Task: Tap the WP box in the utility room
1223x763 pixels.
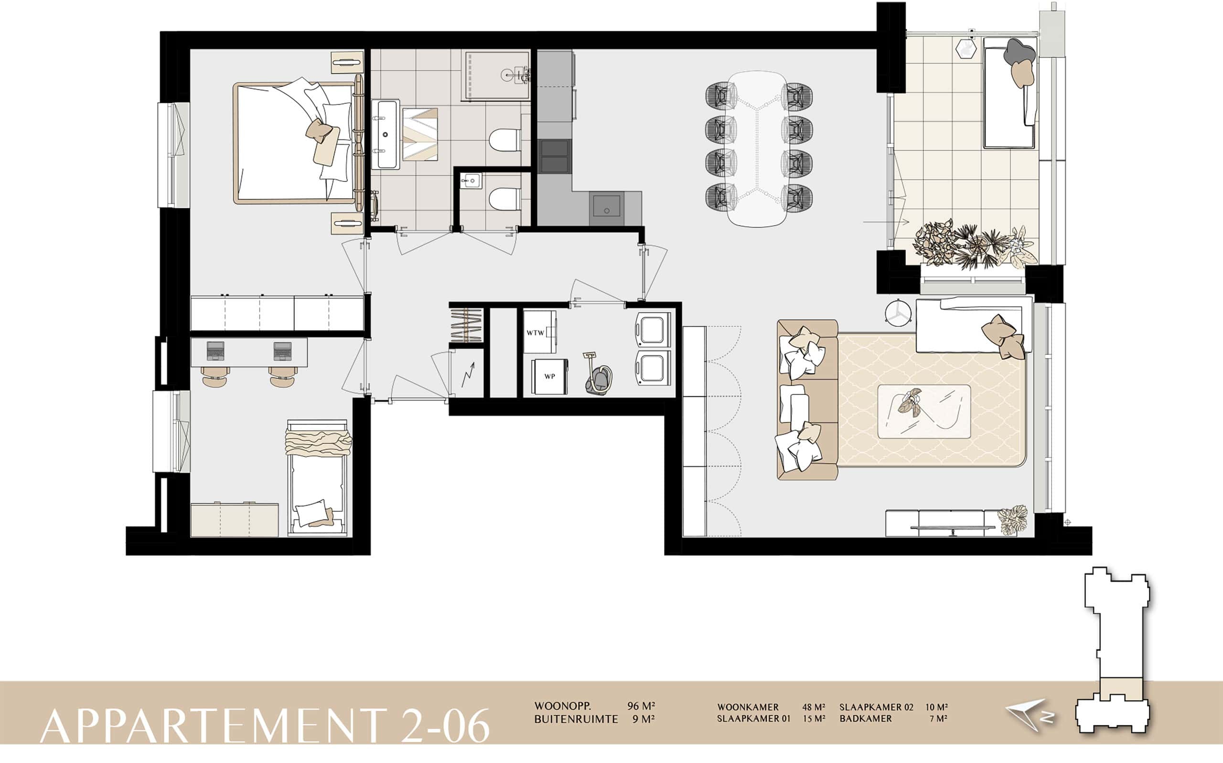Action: pos(549,376)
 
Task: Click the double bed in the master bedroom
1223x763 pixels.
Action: pos(298,143)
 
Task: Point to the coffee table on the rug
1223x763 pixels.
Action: pos(923,412)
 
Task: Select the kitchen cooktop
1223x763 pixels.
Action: pos(554,157)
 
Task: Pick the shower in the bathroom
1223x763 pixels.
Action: pos(497,74)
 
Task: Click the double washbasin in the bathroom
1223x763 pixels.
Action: pos(386,134)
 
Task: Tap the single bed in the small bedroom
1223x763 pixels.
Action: pos(317,477)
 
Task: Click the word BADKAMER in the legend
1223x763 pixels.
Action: pos(866,719)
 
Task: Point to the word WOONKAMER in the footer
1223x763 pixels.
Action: pos(748,708)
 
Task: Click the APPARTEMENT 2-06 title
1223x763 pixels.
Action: pos(265,725)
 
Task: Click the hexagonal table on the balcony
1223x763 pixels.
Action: pos(966,50)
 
